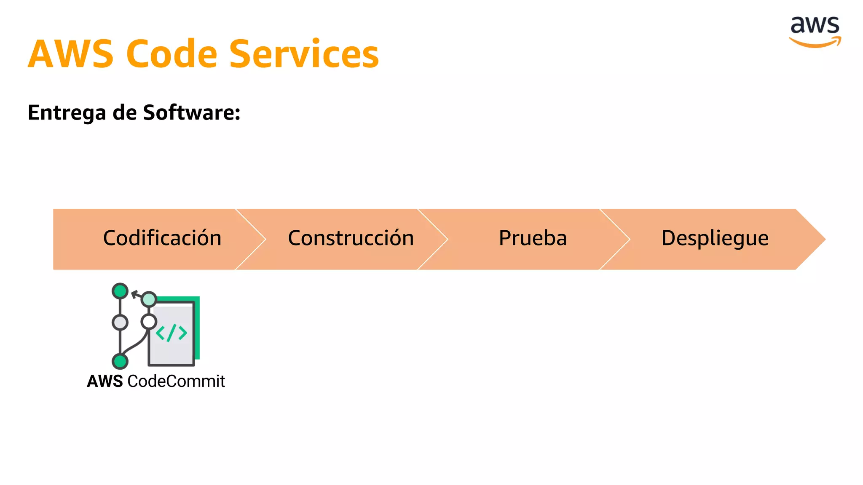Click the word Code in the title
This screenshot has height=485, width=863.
[x=172, y=54]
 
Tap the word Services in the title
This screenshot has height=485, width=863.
[x=304, y=54]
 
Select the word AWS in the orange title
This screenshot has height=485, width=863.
[x=71, y=54]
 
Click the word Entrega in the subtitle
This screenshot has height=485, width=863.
[x=67, y=113]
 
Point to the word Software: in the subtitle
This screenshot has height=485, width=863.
[x=192, y=112]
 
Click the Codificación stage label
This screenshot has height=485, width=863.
[x=162, y=238]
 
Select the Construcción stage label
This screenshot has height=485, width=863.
[x=351, y=238]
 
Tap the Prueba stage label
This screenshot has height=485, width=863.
[x=533, y=238]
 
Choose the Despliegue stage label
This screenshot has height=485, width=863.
[x=715, y=239]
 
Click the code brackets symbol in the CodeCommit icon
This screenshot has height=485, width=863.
[x=171, y=333]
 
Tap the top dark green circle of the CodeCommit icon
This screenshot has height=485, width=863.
[x=120, y=291]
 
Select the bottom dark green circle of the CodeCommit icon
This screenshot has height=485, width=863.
[x=120, y=361]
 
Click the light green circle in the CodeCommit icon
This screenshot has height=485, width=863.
[x=149, y=299]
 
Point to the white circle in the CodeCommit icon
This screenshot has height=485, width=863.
[x=149, y=322]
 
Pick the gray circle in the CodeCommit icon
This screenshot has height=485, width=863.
[x=120, y=322]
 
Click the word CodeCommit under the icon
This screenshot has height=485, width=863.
[x=176, y=381]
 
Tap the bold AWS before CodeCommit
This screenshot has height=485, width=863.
[x=105, y=381]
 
